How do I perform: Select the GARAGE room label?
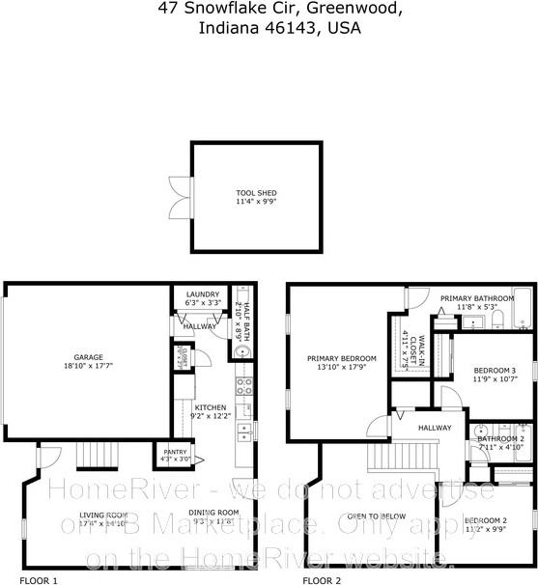coord(87,362)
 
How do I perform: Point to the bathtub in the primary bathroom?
coord(522,309)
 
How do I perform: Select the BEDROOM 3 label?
coord(494,372)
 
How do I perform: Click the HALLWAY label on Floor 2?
coord(435,428)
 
